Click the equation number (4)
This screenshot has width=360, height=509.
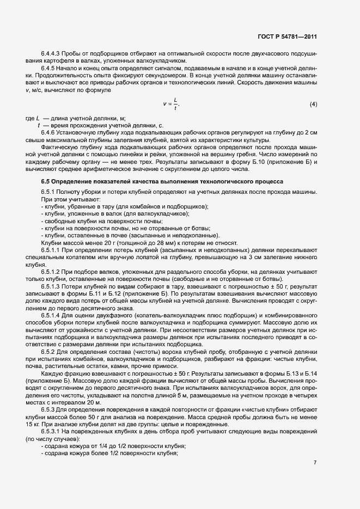(x=313, y=103)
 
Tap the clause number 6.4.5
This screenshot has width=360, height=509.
(x=48, y=68)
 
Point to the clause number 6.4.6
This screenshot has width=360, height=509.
(x=48, y=133)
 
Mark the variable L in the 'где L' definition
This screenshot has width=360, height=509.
(x=37, y=118)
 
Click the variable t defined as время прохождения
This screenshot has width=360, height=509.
(x=39, y=125)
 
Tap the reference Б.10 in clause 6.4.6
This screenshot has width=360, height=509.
(x=265, y=161)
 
